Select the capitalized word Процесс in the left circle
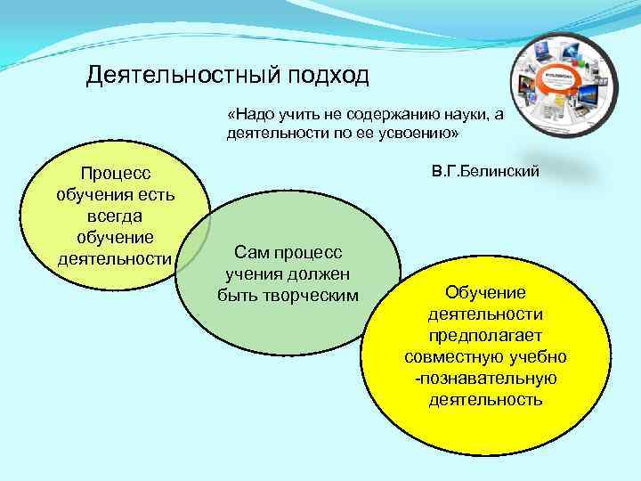[114, 174]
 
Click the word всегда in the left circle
[114, 216]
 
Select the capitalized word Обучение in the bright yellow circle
[485, 292]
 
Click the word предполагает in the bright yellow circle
[485, 335]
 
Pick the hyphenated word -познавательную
[485, 378]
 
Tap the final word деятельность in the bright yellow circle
[485, 399]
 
